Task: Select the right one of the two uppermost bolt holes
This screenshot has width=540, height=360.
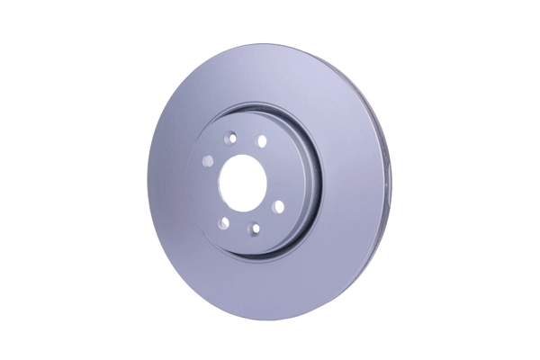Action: point(262,141)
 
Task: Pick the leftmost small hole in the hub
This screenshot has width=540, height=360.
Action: point(208,161)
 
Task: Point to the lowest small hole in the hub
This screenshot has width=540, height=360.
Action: point(255,228)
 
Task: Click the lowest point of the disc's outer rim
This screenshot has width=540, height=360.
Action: point(270,321)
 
